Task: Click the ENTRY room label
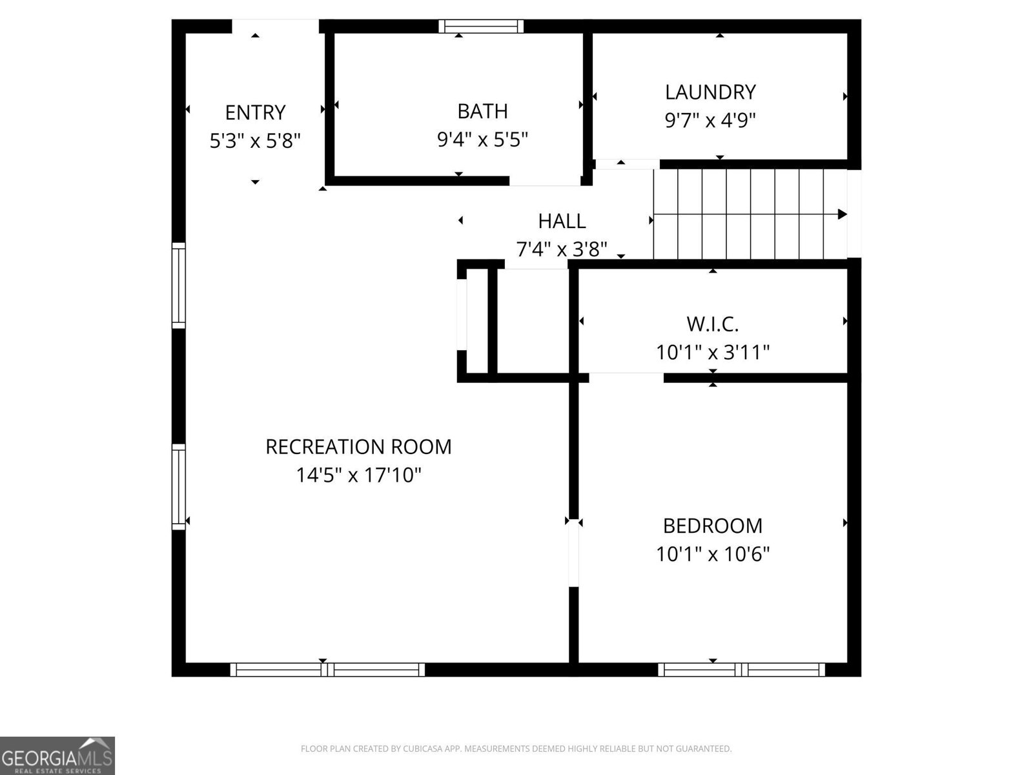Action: [x=255, y=112]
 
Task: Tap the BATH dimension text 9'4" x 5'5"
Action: [x=482, y=139]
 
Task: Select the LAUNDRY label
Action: [x=710, y=92]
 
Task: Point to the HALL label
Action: [x=562, y=222]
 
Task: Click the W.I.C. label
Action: [x=712, y=324]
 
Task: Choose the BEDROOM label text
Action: [x=712, y=526]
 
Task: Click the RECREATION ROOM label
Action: [x=358, y=447]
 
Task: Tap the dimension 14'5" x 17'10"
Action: [x=358, y=476]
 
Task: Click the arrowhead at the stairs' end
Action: [x=842, y=214]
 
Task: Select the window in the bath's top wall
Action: [x=481, y=26]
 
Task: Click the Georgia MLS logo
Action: [x=57, y=755]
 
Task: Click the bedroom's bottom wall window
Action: [x=741, y=670]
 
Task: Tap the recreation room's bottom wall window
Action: [x=327, y=670]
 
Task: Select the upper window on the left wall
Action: [x=178, y=285]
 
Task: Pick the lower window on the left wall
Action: [x=178, y=486]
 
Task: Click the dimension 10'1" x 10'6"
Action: [x=712, y=554]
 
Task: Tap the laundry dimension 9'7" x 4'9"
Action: [x=710, y=121]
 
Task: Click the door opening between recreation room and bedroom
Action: [x=573, y=554]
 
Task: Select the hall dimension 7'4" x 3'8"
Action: [x=562, y=249]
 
